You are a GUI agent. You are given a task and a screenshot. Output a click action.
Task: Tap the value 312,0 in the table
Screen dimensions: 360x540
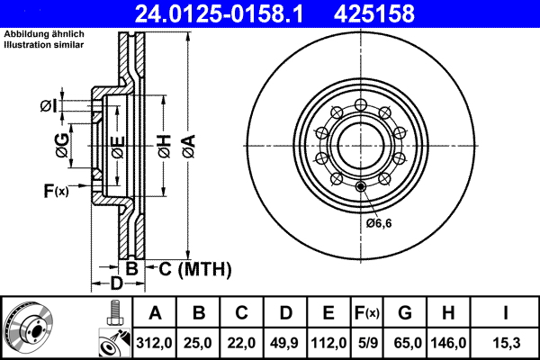(x=155, y=344)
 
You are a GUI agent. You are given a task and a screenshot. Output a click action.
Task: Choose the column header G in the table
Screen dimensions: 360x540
(x=405, y=313)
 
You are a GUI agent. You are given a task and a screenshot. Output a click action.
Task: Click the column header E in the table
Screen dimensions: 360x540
(x=328, y=313)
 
